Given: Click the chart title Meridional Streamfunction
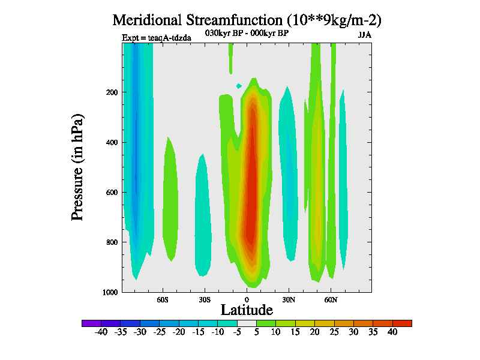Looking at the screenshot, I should (247, 20).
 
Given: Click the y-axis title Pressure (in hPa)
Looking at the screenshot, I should (77, 166).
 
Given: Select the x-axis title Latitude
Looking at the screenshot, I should (247, 310).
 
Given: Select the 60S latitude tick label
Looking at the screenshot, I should (163, 299).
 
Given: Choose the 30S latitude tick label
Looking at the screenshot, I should (205, 299).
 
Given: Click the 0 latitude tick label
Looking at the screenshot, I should (247, 299).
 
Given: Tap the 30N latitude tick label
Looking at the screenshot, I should (289, 299).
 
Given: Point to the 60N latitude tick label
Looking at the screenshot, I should (331, 299).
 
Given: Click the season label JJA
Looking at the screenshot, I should (365, 35).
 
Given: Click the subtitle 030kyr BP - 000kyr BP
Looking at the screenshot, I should (247, 34).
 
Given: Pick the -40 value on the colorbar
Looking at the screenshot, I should (101, 332).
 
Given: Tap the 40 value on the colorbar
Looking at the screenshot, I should (392, 332).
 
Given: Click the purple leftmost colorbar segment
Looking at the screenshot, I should (91, 323).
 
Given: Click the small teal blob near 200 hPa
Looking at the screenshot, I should (239, 86).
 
